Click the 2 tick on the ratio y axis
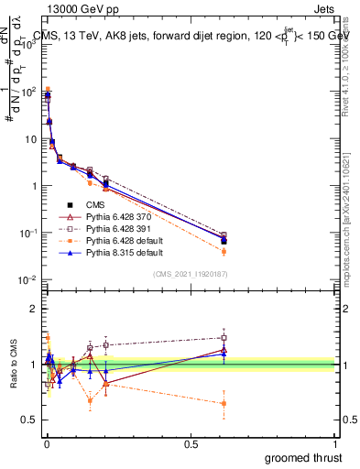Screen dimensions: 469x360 [34, 309]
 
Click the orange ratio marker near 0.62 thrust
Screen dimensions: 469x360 [224, 403]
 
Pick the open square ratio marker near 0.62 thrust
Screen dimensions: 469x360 [224, 337]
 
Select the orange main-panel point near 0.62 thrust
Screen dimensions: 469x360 [224, 251]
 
